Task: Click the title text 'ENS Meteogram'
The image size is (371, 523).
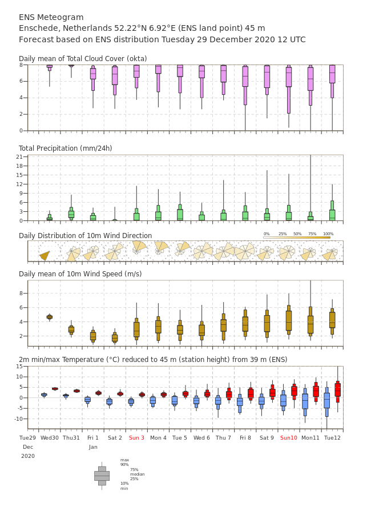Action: tap(51, 17)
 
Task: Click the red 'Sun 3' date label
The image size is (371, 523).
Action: tap(136, 437)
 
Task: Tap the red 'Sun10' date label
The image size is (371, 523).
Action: tap(289, 437)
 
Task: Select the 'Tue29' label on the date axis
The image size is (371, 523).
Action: tap(27, 437)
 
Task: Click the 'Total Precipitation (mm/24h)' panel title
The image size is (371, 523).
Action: tap(65, 148)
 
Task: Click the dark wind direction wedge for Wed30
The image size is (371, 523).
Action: tap(45, 255)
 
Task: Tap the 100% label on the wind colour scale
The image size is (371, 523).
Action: tap(328, 234)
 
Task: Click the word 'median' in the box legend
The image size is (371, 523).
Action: tap(138, 474)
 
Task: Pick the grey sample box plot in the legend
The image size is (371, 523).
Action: tap(102, 476)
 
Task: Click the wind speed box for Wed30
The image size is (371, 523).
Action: tap(49, 317)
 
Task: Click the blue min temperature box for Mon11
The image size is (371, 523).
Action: tap(305, 402)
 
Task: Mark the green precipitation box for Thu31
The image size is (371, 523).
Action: tap(71, 214)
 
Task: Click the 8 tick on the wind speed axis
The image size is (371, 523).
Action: tap(21, 293)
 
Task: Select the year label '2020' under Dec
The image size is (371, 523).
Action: tap(28, 456)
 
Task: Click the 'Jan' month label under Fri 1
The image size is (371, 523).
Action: tap(93, 447)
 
